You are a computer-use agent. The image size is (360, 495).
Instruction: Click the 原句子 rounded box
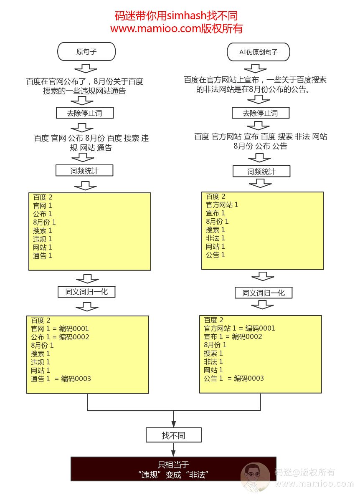tap(86, 51)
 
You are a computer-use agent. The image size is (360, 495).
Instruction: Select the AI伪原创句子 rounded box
tap(259, 52)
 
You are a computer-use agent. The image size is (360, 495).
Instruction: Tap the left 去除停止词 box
tap(85, 113)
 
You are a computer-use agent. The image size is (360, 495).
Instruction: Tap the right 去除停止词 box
tap(261, 113)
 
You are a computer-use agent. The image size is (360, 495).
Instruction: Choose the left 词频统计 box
tap(84, 170)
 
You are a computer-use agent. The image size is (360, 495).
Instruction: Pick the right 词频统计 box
tap(261, 172)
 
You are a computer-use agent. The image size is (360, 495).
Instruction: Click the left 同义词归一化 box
tap(86, 292)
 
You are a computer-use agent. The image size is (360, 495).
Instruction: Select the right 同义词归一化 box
tap(264, 293)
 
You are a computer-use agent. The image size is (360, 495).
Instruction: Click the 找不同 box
tap(173, 435)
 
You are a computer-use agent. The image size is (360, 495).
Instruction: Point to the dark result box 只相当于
tap(173, 469)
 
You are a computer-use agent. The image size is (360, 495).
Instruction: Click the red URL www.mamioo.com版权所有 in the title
tap(176, 29)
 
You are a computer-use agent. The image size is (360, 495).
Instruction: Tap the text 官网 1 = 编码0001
tap(60, 328)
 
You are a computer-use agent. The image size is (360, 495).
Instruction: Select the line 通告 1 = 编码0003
tap(61, 379)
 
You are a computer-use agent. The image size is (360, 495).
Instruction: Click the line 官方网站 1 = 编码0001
tap(239, 328)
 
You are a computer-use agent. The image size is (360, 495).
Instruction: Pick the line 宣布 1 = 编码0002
tap(233, 336)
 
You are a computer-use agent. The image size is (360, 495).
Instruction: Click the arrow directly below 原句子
tap(86, 68)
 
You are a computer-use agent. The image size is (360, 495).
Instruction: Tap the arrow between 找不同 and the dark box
tap(173, 450)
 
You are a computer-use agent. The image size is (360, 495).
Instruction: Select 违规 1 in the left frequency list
tap(42, 239)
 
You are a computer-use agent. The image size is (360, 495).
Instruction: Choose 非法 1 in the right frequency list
tap(215, 238)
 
